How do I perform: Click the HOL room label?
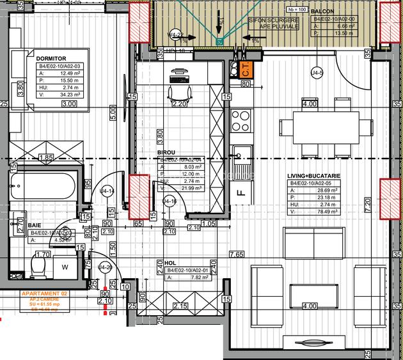170,263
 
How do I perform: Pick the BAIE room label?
37,226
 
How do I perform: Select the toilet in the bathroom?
38,267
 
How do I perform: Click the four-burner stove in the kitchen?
241,120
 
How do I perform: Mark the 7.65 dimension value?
237,254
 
